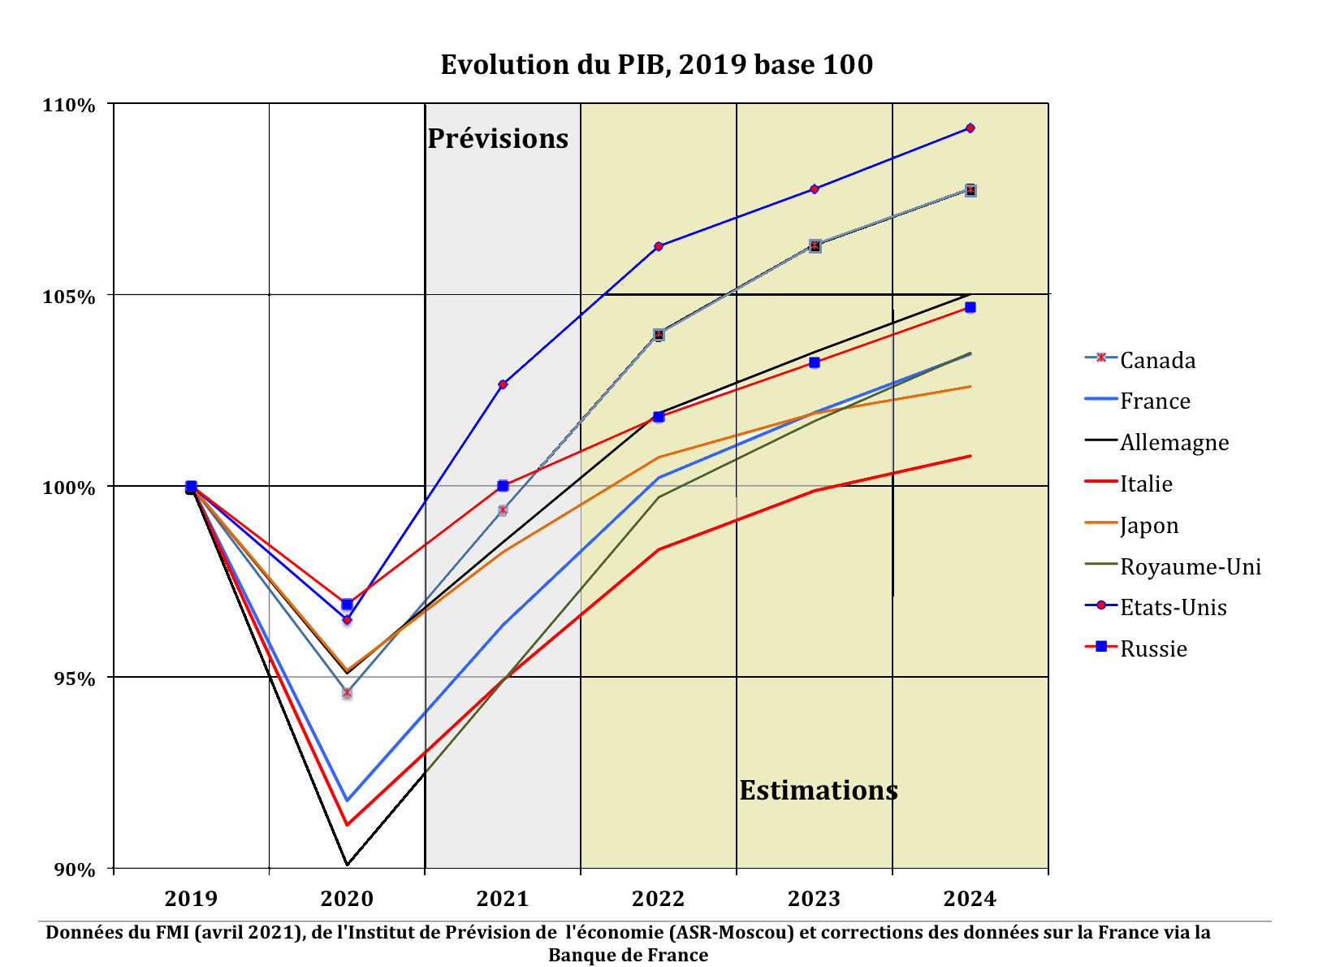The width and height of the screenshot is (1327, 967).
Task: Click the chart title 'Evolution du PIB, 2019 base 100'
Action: (x=656, y=64)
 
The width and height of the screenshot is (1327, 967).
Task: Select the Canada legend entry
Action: (x=1157, y=360)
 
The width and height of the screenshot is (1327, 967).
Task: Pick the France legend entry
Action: (x=1155, y=401)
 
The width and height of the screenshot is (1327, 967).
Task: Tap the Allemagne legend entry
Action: (x=1174, y=442)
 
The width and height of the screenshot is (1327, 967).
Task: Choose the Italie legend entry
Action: (x=1146, y=483)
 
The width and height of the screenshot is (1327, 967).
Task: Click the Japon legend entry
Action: (x=1149, y=525)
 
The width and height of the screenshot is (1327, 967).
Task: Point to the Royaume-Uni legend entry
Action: (x=1191, y=566)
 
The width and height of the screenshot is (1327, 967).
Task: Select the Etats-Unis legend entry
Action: (x=1173, y=607)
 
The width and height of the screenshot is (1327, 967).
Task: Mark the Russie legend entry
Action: (x=1153, y=648)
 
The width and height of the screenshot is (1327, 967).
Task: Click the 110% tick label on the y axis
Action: (x=69, y=106)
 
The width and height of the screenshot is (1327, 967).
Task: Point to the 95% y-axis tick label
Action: (x=73, y=679)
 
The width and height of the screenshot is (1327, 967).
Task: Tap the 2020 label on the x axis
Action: (x=347, y=899)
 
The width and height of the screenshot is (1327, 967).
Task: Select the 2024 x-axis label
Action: (x=970, y=899)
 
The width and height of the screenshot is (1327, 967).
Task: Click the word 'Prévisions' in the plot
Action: (x=498, y=139)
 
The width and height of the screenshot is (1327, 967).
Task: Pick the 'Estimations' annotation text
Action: (x=819, y=790)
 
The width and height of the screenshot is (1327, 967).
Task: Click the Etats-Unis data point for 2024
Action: (x=970, y=128)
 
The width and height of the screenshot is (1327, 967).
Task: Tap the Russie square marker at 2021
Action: (x=503, y=486)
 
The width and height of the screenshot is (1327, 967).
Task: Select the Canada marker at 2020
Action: (x=347, y=693)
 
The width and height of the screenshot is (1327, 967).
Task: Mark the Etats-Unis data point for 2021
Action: (x=503, y=384)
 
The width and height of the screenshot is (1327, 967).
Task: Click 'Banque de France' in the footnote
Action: (x=628, y=955)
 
